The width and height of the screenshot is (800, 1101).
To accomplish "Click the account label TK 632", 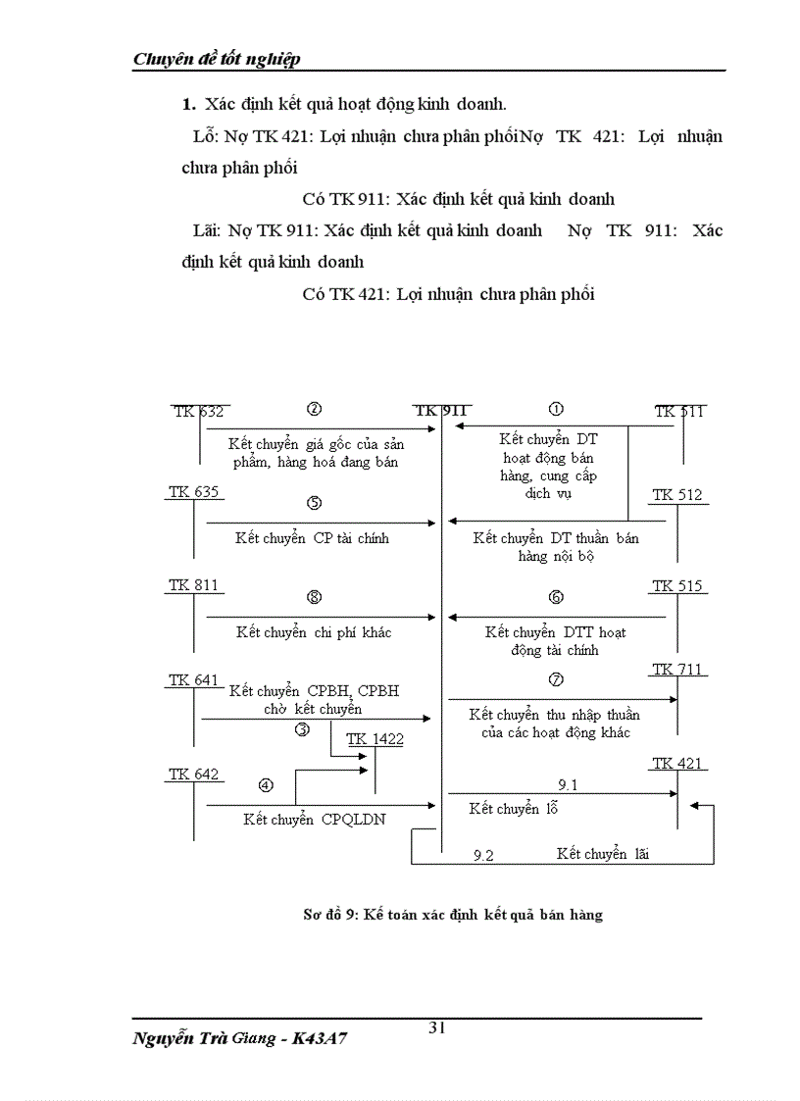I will (x=198, y=412).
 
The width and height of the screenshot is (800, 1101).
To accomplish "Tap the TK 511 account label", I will (x=679, y=412).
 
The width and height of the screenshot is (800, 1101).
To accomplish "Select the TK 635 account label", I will (x=193, y=491).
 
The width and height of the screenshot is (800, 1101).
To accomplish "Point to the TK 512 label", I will (x=677, y=495).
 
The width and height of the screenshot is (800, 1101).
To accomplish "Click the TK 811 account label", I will (x=193, y=585).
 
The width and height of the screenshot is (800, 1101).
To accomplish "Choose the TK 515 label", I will (x=677, y=586).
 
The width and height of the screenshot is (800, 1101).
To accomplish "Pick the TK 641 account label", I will (x=193, y=679).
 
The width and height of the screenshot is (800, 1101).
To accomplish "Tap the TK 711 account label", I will (x=677, y=670).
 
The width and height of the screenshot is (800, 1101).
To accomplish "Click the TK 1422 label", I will (x=375, y=739).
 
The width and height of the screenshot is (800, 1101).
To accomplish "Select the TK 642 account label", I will (x=193, y=774).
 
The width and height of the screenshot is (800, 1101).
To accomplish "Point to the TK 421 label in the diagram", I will (x=677, y=763).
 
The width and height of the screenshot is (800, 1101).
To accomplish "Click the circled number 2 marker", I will (x=315, y=409).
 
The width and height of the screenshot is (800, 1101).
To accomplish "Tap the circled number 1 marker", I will (x=556, y=409).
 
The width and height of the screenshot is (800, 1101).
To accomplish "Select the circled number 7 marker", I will (x=556, y=679).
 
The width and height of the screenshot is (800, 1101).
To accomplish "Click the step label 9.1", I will (x=569, y=784).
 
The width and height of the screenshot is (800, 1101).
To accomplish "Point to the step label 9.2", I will (x=483, y=855).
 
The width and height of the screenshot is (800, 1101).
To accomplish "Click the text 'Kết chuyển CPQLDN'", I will (x=314, y=820).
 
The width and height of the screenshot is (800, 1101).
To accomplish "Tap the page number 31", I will (x=437, y=1027).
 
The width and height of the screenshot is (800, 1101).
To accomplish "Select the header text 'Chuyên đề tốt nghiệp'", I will (x=217, y=59).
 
